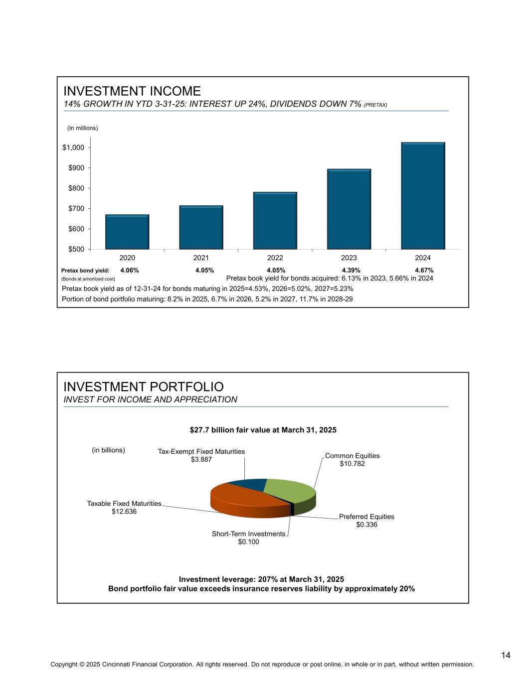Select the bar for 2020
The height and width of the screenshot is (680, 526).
pos(127,232)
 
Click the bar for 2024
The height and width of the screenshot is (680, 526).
pos(423,195)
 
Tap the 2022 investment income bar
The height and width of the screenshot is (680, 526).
pos(275,220)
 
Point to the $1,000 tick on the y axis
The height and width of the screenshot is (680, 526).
pos(73,147)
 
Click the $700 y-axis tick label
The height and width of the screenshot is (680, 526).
pos(76,208)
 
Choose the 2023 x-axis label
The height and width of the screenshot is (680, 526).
pos(349,258)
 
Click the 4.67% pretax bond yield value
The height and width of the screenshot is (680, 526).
pos(424,271)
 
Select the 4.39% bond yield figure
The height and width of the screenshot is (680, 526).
pos(351,271)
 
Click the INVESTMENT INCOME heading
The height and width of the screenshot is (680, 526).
pos(132,91)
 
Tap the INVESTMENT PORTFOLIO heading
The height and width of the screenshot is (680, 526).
pos(144,387)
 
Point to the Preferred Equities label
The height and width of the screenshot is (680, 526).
pos(366,517)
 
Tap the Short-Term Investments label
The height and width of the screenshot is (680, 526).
pos(248,534)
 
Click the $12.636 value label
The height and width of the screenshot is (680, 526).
pos(124,512)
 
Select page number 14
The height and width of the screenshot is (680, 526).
pos(506,655)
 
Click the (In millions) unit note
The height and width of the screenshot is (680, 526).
pos(83,128)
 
